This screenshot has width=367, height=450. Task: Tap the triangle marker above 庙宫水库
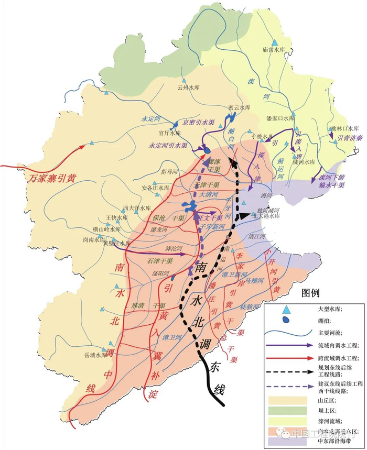(274, 41)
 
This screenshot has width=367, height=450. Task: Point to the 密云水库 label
(239, 107)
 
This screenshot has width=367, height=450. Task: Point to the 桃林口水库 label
(344, 128)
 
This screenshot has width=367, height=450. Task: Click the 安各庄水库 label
(156, 188)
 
